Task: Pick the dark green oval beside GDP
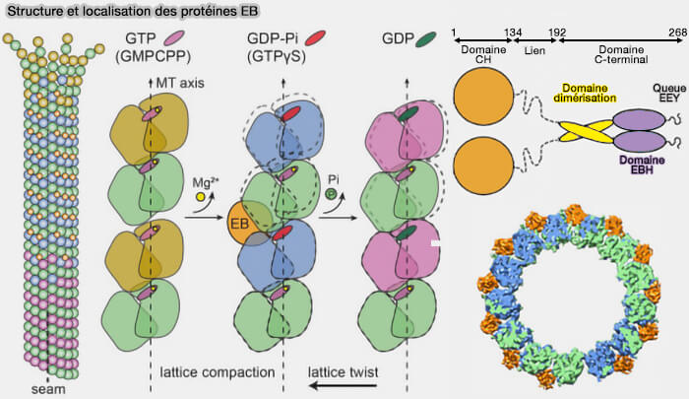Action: click(x=426, y=38)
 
